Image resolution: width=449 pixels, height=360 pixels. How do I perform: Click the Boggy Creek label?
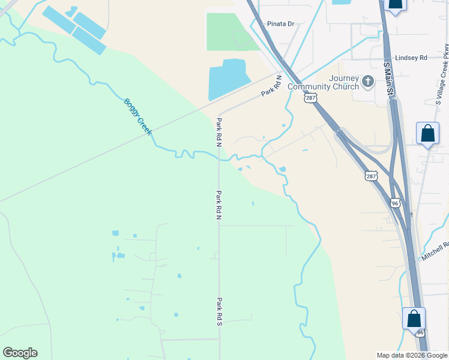pyautogui.click(x=137, y=116)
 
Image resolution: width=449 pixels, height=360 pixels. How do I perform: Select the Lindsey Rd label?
pyautogui.click(x=411, y=58)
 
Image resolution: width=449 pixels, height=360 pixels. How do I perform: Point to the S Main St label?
pyautogui.click(x=388, y=77)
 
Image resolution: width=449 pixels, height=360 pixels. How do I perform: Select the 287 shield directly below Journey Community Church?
pyautogui.click(x=310, y=97)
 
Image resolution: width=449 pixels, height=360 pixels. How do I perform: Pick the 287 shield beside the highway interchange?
pyautogui.click(x=371, y=176)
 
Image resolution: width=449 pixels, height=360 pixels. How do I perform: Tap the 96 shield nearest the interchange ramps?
pyautogui.click(x=394, y=203)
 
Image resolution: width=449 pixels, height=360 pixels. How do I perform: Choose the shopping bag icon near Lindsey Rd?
pyautogui.click(x=395, y=5)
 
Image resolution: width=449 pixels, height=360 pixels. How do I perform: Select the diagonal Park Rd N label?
pyautogui.click(x=271, y=85)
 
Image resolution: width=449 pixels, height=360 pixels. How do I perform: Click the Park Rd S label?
pyautogui.click(x=220, y=312)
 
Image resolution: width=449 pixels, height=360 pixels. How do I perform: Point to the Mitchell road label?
pyautogui.click(x=435, y=251)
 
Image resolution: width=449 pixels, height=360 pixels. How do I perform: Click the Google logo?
pyautogui.click(x=20, y=353)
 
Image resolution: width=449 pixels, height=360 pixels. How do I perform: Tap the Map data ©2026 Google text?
pyautogui.click(x=411, y=356)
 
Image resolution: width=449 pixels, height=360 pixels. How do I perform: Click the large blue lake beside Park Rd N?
pyautogui.click(x=228, y=79)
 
